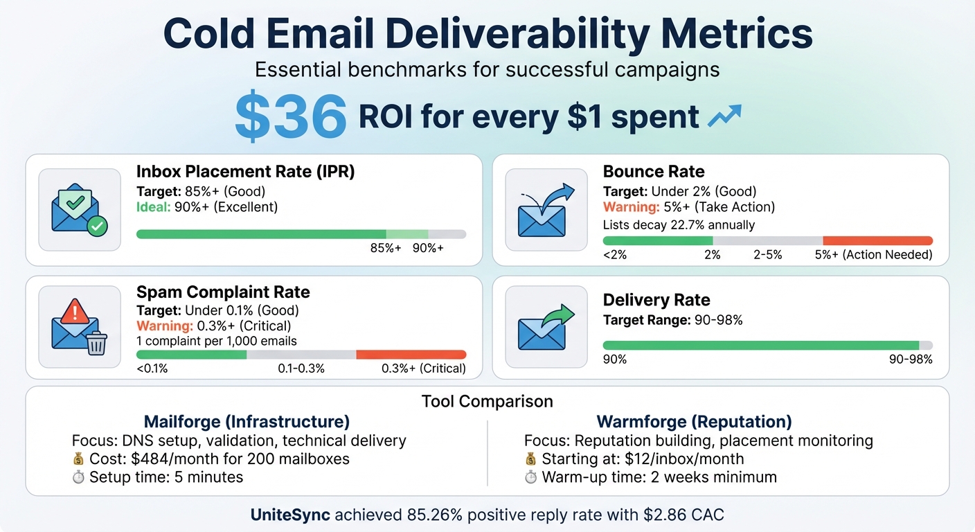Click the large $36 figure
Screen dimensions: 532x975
click(290, 116)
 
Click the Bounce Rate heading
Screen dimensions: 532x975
click(654, 172)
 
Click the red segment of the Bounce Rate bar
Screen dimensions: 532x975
click(877, 240)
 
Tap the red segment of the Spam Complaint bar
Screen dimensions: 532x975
click(411, 354)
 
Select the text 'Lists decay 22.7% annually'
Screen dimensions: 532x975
click(679, 224)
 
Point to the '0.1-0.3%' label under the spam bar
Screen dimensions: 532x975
click(301, 369)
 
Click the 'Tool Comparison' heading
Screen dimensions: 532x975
click(487, 401)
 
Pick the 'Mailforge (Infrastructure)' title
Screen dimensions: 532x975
click(247, 422)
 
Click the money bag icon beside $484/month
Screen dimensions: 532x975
click(78, 459)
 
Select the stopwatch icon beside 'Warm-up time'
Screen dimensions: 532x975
click(531, 477)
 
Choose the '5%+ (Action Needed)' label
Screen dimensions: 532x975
click(873, 255)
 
